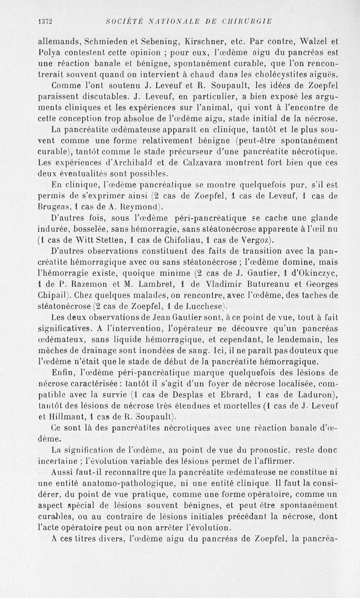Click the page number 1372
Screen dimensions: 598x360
(46, 21)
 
